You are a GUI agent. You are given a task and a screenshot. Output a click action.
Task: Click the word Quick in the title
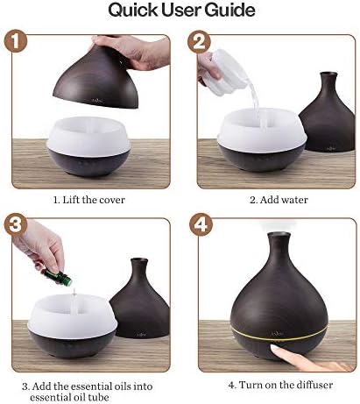pos(133,11)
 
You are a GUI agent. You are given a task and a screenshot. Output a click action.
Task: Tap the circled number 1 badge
pos(15,40)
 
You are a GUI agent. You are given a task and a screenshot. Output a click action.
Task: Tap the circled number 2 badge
pos(199,42)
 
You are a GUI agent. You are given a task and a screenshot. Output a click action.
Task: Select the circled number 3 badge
pos(16,225)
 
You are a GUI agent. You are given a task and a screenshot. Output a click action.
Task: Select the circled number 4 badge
pos(201,225)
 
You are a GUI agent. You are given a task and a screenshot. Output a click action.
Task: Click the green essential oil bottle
pos(58,276)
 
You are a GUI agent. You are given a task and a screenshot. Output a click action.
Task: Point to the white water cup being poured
pos(227,69)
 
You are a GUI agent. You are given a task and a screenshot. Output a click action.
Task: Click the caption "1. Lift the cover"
pos(88,200)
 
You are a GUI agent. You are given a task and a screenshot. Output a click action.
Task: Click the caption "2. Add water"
pos(279,200)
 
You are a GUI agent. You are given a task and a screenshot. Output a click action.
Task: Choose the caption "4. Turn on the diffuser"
pos(280,385)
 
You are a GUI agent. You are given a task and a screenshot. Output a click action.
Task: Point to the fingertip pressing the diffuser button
pos(276,349)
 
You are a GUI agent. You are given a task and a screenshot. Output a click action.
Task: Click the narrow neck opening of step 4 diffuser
pos(279,235)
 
